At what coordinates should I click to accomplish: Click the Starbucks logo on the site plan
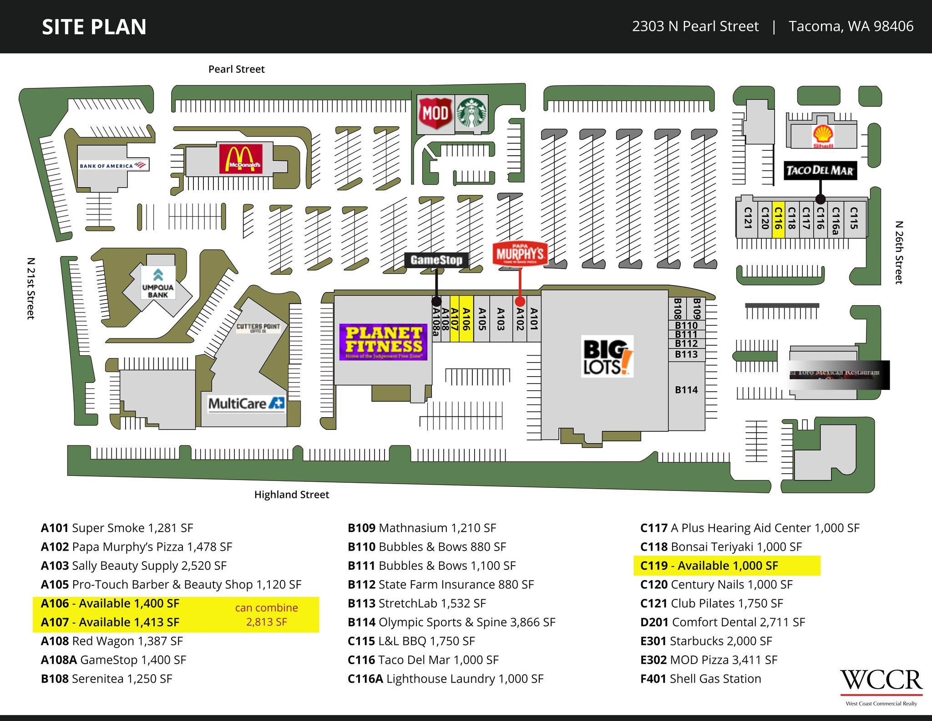(471, 113)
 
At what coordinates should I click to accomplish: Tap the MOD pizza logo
(436, 113)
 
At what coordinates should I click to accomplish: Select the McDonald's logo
(241, 159)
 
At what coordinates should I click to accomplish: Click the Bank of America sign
(113, 165)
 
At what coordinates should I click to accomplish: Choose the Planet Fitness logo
(383, 342)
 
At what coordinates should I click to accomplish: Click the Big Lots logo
(607, 356)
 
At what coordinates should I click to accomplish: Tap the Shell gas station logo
(823, 136)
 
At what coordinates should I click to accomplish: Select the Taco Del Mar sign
(820, 171)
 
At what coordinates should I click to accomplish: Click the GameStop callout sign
(436, 260)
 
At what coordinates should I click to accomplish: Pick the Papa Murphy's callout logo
(520, 253)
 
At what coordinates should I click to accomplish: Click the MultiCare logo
(246, 404)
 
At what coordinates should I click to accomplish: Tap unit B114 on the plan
(686, 390)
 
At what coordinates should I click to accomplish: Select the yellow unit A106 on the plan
(466, 319)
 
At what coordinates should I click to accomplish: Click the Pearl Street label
(236, 69)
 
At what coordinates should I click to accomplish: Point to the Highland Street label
(291, 495)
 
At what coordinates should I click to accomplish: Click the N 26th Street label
(899, 252)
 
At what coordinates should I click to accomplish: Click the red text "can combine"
(267, 608)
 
